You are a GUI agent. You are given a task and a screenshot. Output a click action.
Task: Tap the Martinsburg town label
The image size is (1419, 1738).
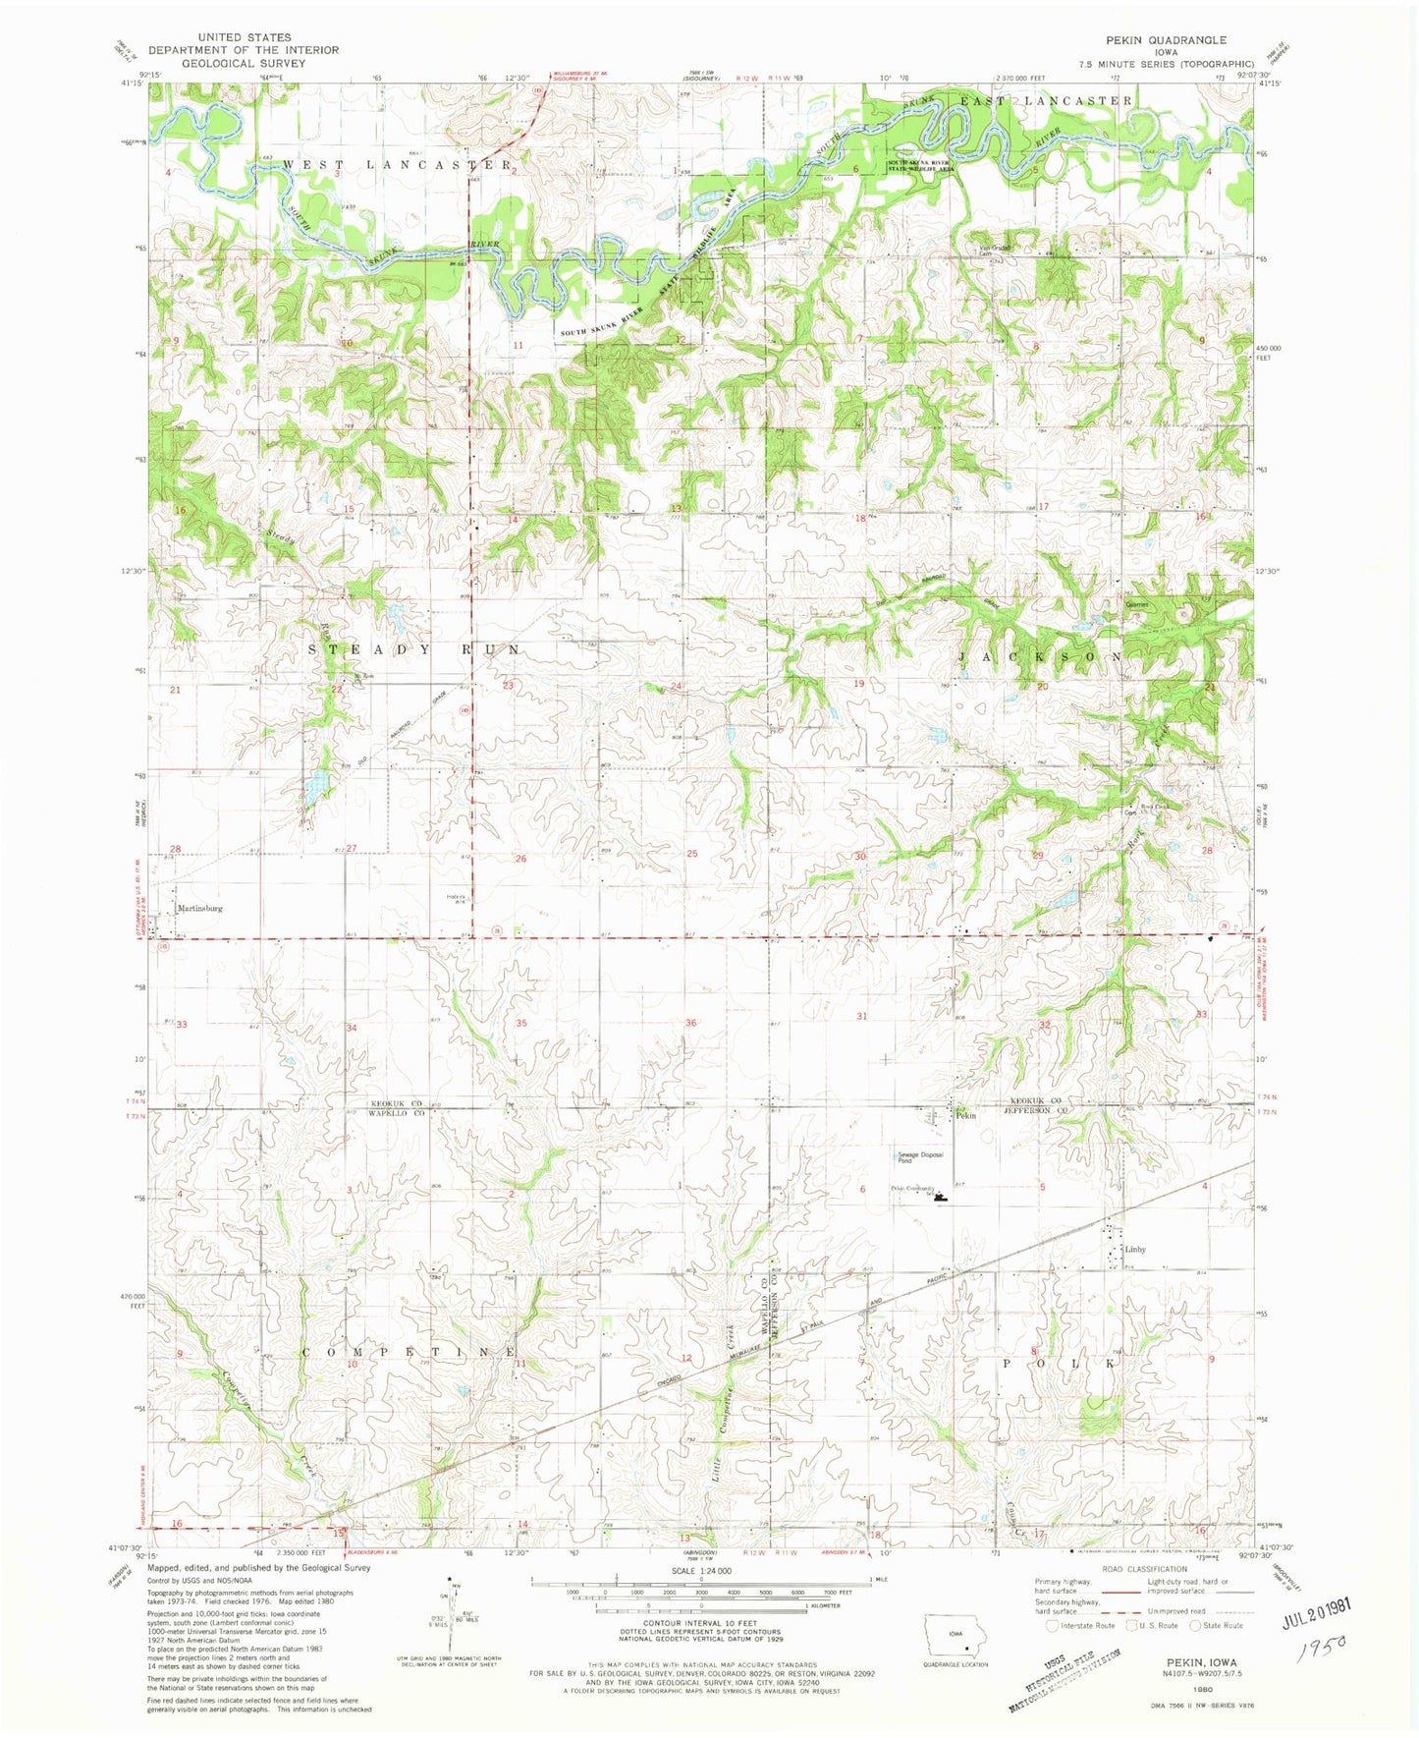click(200, 909)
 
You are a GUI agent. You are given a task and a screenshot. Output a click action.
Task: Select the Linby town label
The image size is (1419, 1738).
click(1135, 1250)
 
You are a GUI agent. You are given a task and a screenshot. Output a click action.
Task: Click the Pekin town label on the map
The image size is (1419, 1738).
click(966, 1115)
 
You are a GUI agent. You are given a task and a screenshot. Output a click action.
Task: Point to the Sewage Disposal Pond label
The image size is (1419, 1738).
click(919, 1156)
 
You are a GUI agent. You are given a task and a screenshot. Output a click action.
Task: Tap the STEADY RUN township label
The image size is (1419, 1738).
click(414, 650)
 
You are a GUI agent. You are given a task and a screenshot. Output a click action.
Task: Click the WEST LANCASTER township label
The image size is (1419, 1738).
click(397, 165)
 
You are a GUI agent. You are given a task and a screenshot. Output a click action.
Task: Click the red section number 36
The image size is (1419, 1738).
click(690, 1023)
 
